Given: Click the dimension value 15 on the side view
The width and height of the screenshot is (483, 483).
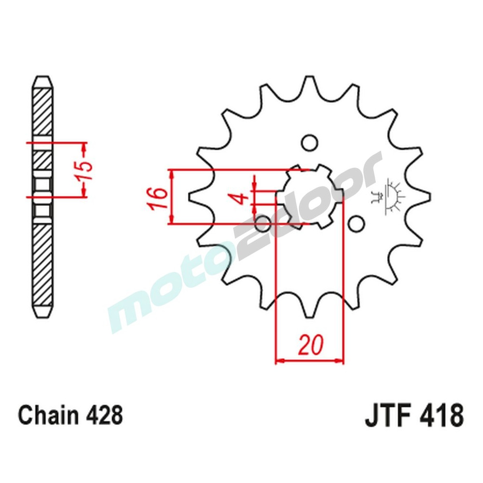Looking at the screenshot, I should pyautogui.click(x=84, y=170).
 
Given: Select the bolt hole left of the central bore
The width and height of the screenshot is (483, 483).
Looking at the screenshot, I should pyautogui.click(x=263, y=224).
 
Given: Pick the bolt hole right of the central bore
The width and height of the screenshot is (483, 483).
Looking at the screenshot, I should pyautogui.click(x=356, y=224).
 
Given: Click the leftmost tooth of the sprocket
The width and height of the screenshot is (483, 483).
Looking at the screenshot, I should pyautogui.click(x=193, y=197).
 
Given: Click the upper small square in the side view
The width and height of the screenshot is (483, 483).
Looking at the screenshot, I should pyautogui.click(x=43, y=184).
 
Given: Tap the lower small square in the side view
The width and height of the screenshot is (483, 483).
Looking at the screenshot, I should pyautogui.click(x=43, y=211).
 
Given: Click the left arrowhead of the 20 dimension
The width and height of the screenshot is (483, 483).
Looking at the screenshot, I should pyautogui.click(x=278, y=360).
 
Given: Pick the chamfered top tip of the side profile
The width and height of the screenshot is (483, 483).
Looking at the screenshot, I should pyautogui.click(x=43, y=81).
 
